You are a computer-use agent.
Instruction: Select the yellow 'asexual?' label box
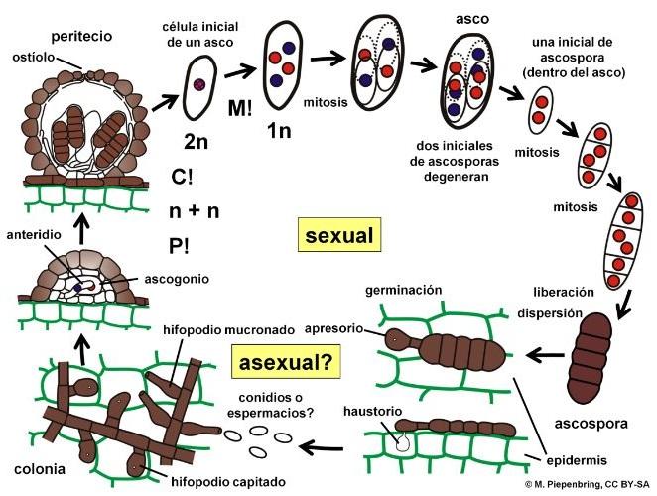pos(284,361)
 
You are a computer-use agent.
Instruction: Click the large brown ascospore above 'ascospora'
pos(592,359)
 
